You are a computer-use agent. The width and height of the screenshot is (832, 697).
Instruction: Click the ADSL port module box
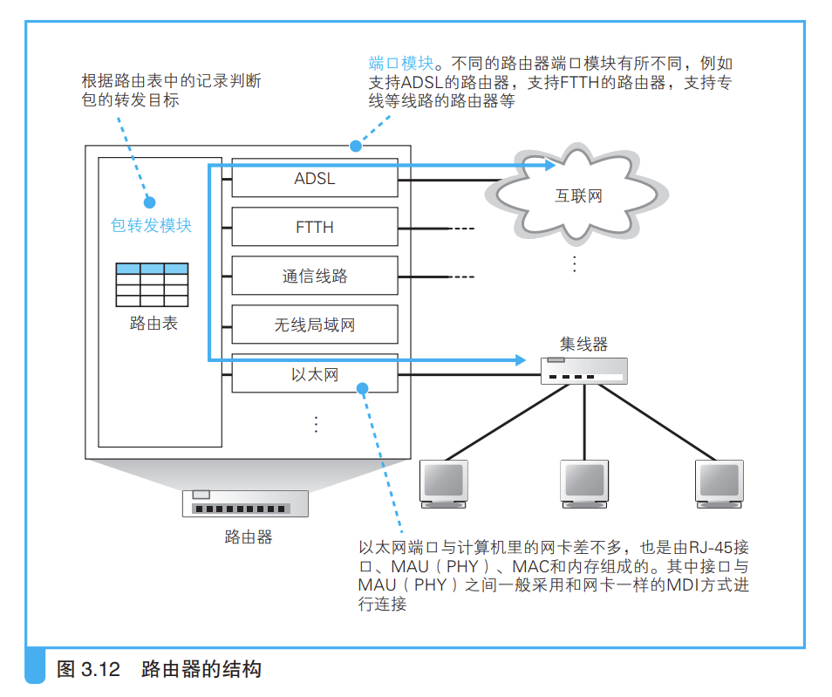pos(315,179)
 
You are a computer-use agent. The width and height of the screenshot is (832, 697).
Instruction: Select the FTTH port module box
pos(315,228)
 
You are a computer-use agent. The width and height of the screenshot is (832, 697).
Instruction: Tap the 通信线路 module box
pos(315,277)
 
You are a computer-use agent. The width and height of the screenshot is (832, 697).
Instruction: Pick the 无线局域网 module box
pos(315,325)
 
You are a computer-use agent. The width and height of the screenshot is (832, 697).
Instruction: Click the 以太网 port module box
pos(315,375)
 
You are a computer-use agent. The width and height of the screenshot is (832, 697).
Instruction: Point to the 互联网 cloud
pos(579,194)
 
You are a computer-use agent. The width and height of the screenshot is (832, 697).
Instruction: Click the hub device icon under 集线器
pos(583,371)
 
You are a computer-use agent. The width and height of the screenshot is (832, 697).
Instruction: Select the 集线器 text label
pos(583,343)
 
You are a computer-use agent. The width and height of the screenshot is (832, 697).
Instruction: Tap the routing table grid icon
pos(152,284)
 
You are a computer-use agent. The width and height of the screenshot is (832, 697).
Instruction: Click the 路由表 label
pos(153,323)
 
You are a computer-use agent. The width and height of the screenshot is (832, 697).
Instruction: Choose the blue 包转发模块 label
pos(151,225)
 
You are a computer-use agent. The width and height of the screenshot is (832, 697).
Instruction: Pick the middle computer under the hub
pos(583,483)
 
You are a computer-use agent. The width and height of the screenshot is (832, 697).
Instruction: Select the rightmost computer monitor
pos(721,483)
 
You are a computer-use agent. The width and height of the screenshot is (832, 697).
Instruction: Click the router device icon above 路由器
pos(246,503)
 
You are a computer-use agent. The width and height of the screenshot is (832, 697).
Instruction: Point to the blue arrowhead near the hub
pos(522,359)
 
